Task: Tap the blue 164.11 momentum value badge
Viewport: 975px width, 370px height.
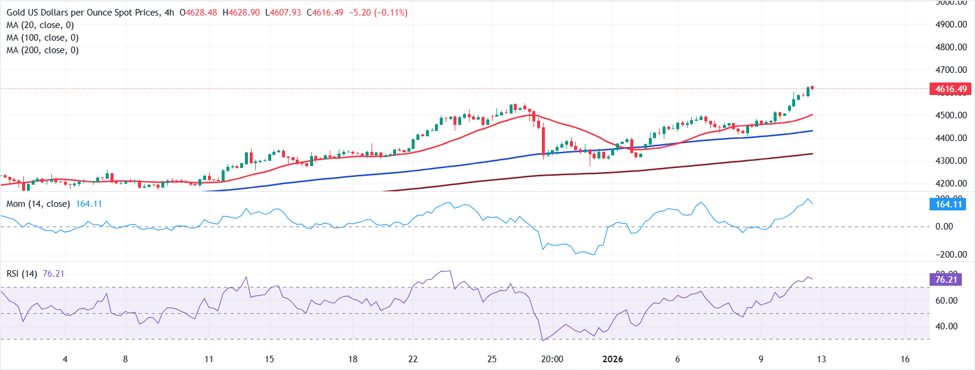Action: [x=948, y=204]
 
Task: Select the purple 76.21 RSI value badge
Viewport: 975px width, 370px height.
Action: [x=946, y=280]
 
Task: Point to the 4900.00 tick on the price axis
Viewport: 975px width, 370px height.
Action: [x=951, y=25]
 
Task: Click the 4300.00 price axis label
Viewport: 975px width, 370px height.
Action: [x=951, y=161]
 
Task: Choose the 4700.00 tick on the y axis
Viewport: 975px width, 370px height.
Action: [x=951, y=70]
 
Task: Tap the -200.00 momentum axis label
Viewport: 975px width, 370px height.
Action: [x=951, y=255]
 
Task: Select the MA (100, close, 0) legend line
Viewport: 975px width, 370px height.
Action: [x=42, y=38]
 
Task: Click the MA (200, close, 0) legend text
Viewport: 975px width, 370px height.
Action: [x=42, y=50]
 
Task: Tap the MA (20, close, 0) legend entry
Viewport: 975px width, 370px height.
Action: [x=40, y=25]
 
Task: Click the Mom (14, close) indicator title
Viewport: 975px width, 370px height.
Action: [x=38, y=204]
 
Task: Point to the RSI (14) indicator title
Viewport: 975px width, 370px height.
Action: [x=22, y=274]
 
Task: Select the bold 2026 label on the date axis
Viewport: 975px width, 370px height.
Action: [x=612, y=359]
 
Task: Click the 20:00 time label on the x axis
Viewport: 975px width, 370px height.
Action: [x=552, y=359]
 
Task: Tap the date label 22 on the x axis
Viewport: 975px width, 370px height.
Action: [x=413, y=359]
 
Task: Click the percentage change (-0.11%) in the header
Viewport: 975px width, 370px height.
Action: [x=391, y=13]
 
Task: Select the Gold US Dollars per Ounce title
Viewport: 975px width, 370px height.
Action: [x=83, y=13]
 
